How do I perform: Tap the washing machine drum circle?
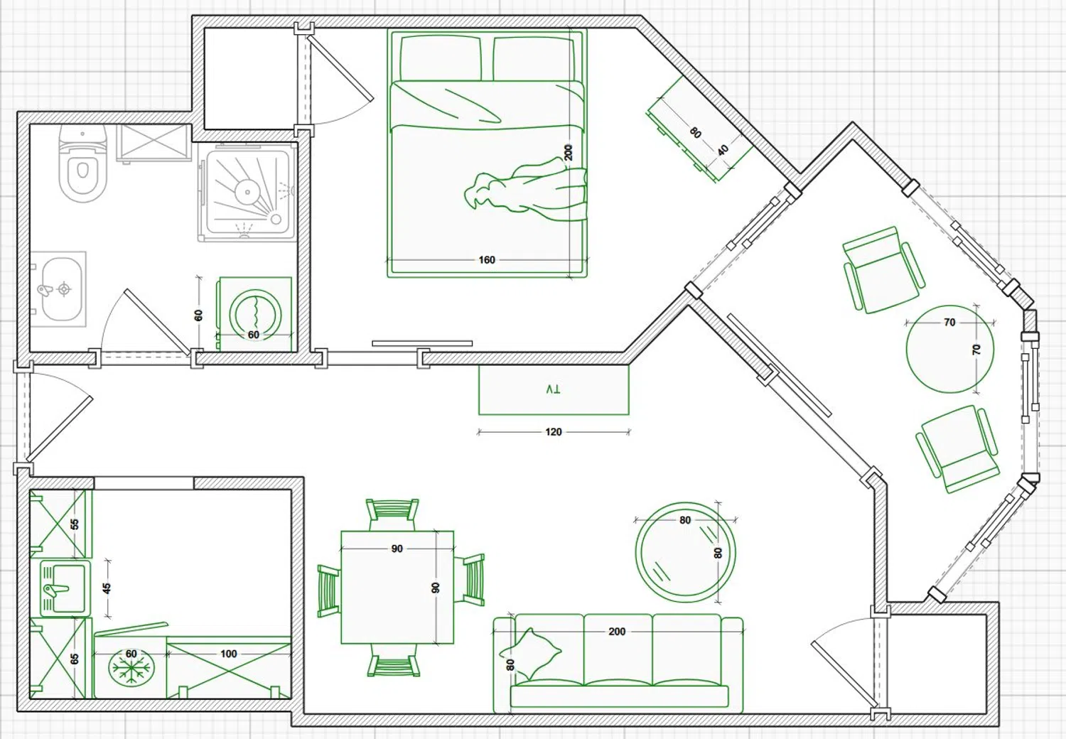[x=255, y=314]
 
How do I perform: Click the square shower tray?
[x=246, y=193]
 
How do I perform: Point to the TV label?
[x=553, y=389]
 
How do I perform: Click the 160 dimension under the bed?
[x=487, y=260]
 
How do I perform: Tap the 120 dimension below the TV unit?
[x=554, y=432]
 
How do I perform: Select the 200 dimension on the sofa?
[x=617, y=632]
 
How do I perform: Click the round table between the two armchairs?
[x=950, y=349]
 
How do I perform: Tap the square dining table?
[x=397, y=587]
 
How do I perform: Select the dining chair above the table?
[x=392, y=514]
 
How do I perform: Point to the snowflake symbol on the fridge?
[x=131, y=667]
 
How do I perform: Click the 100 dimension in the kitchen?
[x=228, y=654]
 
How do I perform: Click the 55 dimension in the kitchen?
[x=74, y=524]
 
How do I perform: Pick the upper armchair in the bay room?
[x=884, y=269]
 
